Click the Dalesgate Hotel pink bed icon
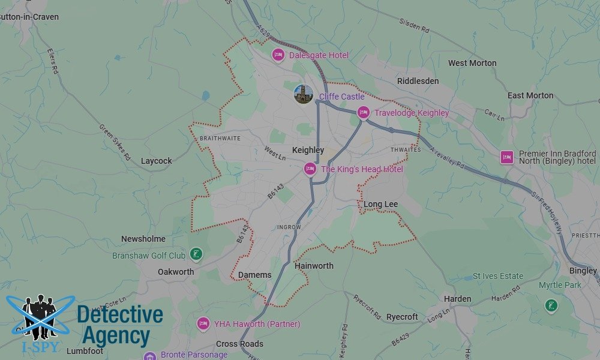tap(278, 55)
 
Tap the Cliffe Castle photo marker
tap(304, 94)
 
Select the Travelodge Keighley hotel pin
tap(363, 112)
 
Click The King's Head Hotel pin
tap(310, 169)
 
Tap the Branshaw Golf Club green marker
tap(196, 254)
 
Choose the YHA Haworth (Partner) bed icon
tap(203, 324)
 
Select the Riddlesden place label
tap(418, 81)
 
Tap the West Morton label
tap(472, 63)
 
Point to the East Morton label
tap(530, 95)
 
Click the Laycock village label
tap(156, 161)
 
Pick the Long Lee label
tap(380, 205)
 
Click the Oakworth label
tap(176, 272)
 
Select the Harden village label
tap(457, 299)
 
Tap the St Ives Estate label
tap(497, 277)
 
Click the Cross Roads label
tap(239, 344)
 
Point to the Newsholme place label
tap(143, 239)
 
